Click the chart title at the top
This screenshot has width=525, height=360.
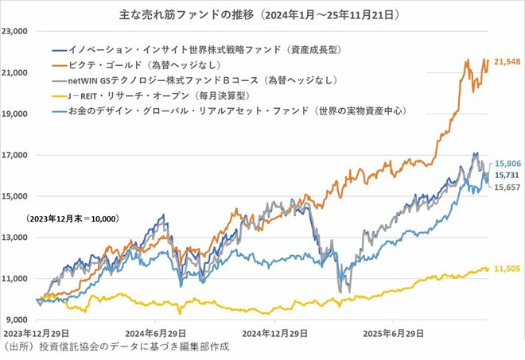click(262, 14)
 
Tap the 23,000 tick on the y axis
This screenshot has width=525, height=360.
click(16, 31)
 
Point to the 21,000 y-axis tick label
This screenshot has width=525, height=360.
click(16, 72)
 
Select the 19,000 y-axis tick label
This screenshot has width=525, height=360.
click(16, 114)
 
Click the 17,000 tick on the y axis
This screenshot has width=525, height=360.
click(16, 155)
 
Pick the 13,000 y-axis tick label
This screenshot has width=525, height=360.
click(16, 237)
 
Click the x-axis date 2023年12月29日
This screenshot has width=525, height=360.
click(37, 334)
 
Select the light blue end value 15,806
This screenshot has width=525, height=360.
click(507, 164)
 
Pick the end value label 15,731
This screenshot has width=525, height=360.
click(507, 175)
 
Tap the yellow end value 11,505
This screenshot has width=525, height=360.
click(507, 270)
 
